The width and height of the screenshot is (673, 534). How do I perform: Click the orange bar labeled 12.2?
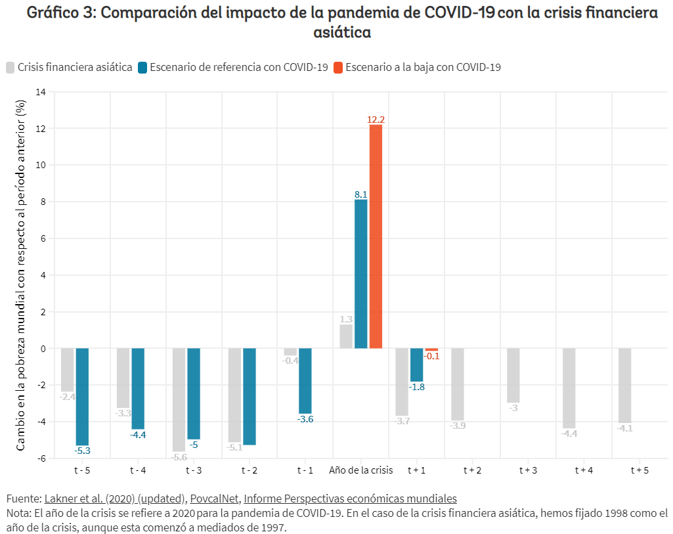376,236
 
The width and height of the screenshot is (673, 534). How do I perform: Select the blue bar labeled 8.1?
360,274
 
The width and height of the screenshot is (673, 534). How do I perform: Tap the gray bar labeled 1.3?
346,336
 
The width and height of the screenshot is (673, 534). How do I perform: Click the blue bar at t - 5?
82,397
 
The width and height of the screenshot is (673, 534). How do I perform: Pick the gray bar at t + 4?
569,388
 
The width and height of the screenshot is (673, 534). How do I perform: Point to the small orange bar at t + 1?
431,349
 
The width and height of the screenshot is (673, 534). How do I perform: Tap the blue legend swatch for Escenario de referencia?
142,67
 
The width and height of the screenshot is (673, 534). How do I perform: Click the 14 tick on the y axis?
41,91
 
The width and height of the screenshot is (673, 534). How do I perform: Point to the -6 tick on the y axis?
41,458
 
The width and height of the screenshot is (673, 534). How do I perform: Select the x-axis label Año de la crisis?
360,470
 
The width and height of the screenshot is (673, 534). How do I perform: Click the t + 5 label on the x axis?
640,470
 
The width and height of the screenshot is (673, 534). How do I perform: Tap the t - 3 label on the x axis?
194,470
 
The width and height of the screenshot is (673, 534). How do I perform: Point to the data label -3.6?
305,419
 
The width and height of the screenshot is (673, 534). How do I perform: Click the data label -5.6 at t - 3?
179,457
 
